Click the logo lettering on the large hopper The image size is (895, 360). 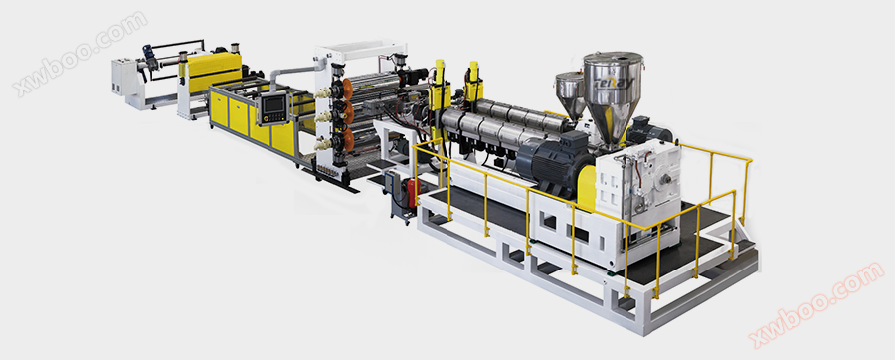coord(614,84)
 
